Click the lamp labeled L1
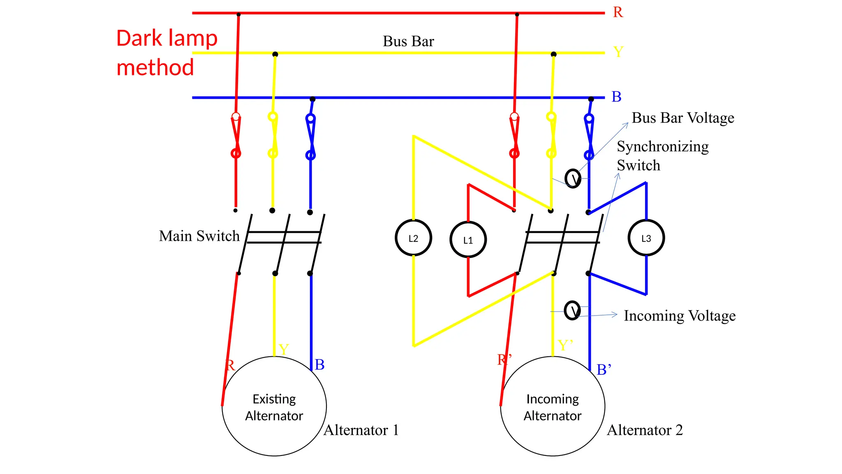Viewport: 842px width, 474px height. pos(468,239)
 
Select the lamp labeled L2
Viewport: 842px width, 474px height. pos(413,238)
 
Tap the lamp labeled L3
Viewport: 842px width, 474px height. pos(646,238)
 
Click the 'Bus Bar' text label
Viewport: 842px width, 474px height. pos(408,41)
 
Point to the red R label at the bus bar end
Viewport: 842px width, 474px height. pos(618,12)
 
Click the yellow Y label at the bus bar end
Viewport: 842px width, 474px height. pos(618,52)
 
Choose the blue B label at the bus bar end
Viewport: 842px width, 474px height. pos(616,97)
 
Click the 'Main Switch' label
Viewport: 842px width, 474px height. pos(199,236)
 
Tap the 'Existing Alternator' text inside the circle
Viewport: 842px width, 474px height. pos(274,407)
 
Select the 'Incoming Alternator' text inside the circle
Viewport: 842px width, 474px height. pos(552,407)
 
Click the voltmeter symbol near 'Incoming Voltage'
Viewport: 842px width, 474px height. pos(572,310)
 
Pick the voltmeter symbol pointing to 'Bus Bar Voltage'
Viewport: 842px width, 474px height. pos(573,179)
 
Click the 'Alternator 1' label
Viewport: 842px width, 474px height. pos(361,430)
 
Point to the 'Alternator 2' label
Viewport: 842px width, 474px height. pos(645,430)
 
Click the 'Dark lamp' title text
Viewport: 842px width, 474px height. pos(167,38)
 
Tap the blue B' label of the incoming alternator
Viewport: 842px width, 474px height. pos(604,369)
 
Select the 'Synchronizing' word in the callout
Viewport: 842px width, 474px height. pos(662,146)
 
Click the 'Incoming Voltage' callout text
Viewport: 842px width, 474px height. pos(679,316)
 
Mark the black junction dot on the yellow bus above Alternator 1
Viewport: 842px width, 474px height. pos(275,54)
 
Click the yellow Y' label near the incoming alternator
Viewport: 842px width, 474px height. pos(565,345)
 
